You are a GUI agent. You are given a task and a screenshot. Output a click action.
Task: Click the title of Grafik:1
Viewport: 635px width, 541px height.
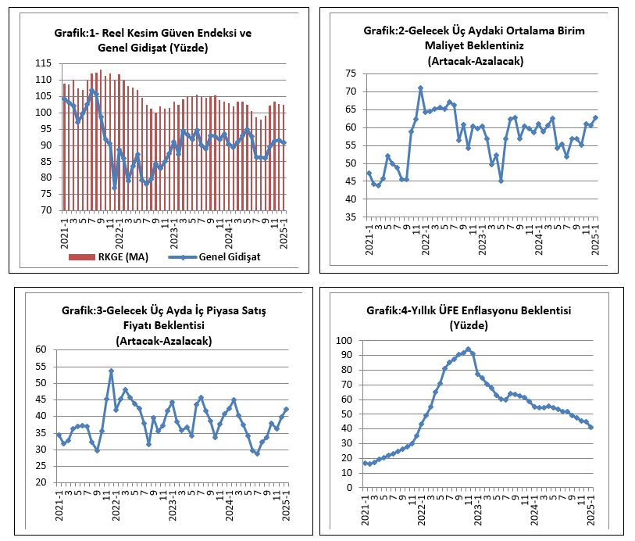[x=152, y=41]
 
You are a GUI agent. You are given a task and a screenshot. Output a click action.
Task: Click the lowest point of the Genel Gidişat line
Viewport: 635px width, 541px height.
[x=115, y=188]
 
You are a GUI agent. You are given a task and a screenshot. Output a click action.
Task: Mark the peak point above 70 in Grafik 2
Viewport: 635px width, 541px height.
[x=420, y=88]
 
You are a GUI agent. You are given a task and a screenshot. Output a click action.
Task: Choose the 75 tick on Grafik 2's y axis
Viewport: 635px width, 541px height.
[x=351, y=73]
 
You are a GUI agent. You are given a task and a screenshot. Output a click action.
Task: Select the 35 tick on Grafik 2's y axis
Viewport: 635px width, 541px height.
[x=351, y=217]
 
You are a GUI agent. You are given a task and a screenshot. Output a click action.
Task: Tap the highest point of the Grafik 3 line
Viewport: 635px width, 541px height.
[x=111, y=371]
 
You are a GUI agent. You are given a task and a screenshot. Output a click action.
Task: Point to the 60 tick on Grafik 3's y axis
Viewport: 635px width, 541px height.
[x=41, y=349]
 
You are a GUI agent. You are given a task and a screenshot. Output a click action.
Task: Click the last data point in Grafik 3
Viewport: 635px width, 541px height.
[x=286, y=409]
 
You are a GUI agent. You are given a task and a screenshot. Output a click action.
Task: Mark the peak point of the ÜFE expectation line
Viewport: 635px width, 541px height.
[x=468, y=349]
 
